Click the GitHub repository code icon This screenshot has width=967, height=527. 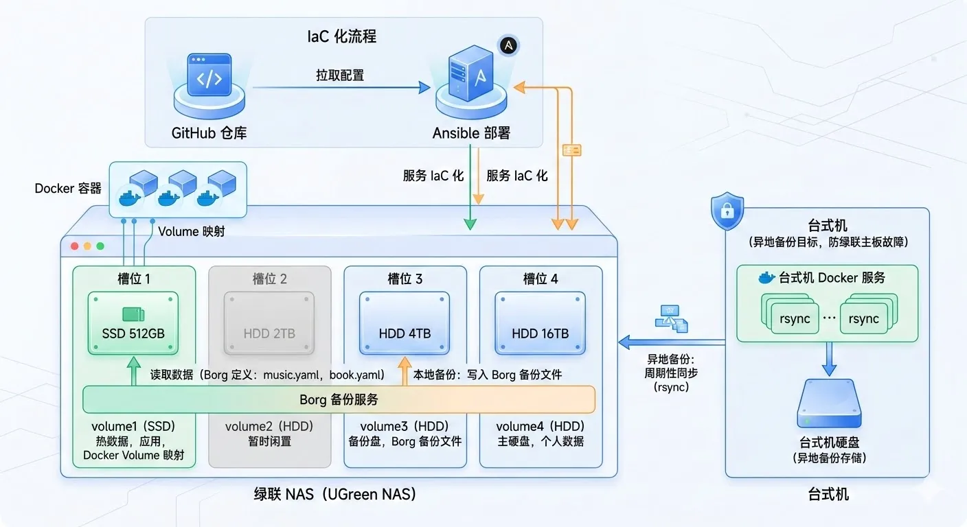pyautogui.click(x=209, y=79)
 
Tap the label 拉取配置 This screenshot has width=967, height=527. pyautogui.click(x=340, y=75)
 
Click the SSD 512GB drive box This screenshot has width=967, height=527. pyautogui.click(x=133, y=323)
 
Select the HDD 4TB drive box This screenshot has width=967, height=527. pyautogui.click(x=405, y=323)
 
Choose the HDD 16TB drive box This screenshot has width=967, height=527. pyautogui.click(x=540, y=323)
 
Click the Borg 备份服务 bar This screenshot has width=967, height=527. pyautogui.click(x=339, y=399)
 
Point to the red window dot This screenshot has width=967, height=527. pyautogui.click(x=74, y=246)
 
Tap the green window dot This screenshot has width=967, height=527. pyautogui.click(x=100, y=246)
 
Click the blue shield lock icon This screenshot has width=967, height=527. pyautogui.click(x=727, y=212)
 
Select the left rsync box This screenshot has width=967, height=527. pyautogui.click(x=795, y=319)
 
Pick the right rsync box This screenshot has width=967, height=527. pyautogui.click(x=863, y=319)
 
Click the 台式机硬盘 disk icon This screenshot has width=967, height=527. pyautogui.click(x=828, y=404)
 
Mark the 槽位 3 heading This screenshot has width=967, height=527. pyautogui.click(x=405, y=279)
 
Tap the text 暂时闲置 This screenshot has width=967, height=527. pyautogui.click(x=269, y=441)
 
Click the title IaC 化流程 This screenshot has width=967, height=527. pyautogui.click(x=341, y=36)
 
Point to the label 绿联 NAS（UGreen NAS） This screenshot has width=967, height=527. pyautogui.click(x=335, y=494)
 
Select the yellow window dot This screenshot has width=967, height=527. pyautogui.click(x=87, y=246)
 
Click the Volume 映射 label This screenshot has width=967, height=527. pyautogui.click(x=191, y=231)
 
